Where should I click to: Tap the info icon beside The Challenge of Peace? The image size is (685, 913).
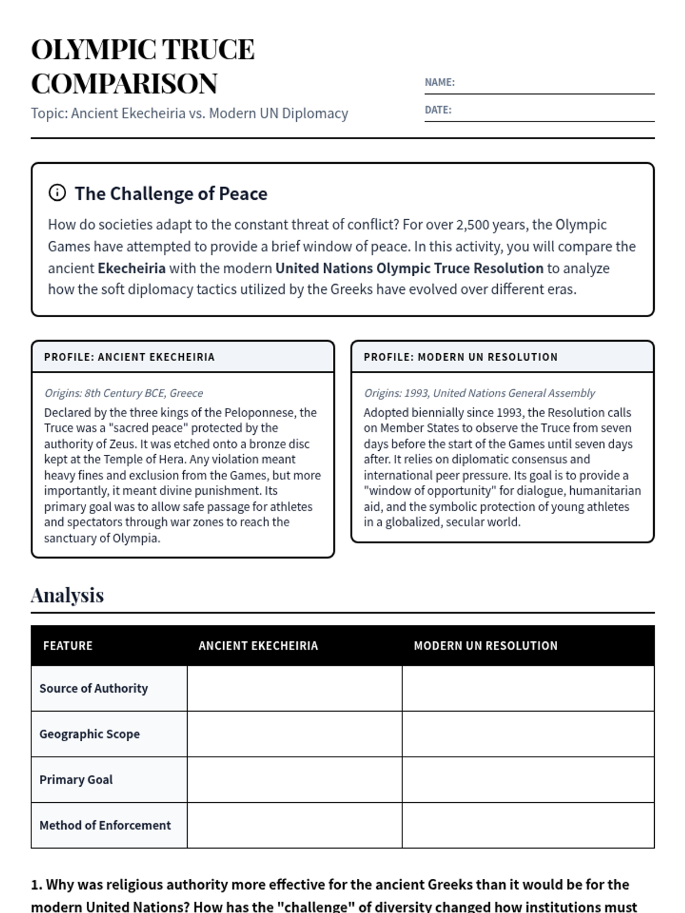[57, 193]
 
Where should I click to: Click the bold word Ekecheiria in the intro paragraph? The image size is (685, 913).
[131, 268]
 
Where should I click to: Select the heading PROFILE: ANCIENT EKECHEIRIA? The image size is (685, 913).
[130, 357]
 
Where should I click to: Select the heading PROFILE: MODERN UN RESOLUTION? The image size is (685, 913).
[461, 357]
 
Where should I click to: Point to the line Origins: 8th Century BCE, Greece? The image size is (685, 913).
[124, 393]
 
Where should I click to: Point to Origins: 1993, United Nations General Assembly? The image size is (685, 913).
[479, 393]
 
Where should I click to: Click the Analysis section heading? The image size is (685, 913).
[67, 595]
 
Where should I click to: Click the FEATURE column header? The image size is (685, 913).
[68, 646]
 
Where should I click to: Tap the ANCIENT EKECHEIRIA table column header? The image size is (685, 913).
[259, 646]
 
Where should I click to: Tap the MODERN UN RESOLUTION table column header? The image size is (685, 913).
[486, 646]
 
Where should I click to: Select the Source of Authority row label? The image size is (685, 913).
[94, 689]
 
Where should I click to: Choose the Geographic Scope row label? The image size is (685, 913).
[90, 734]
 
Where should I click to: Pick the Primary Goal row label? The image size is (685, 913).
[76, 780]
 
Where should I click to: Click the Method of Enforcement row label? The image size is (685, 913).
[105, 826]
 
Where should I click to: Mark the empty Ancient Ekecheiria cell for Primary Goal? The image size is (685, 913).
[295, 780]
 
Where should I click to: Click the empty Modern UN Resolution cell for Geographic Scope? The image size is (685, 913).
[528, 734]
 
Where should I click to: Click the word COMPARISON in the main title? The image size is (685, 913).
[124, 84]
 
